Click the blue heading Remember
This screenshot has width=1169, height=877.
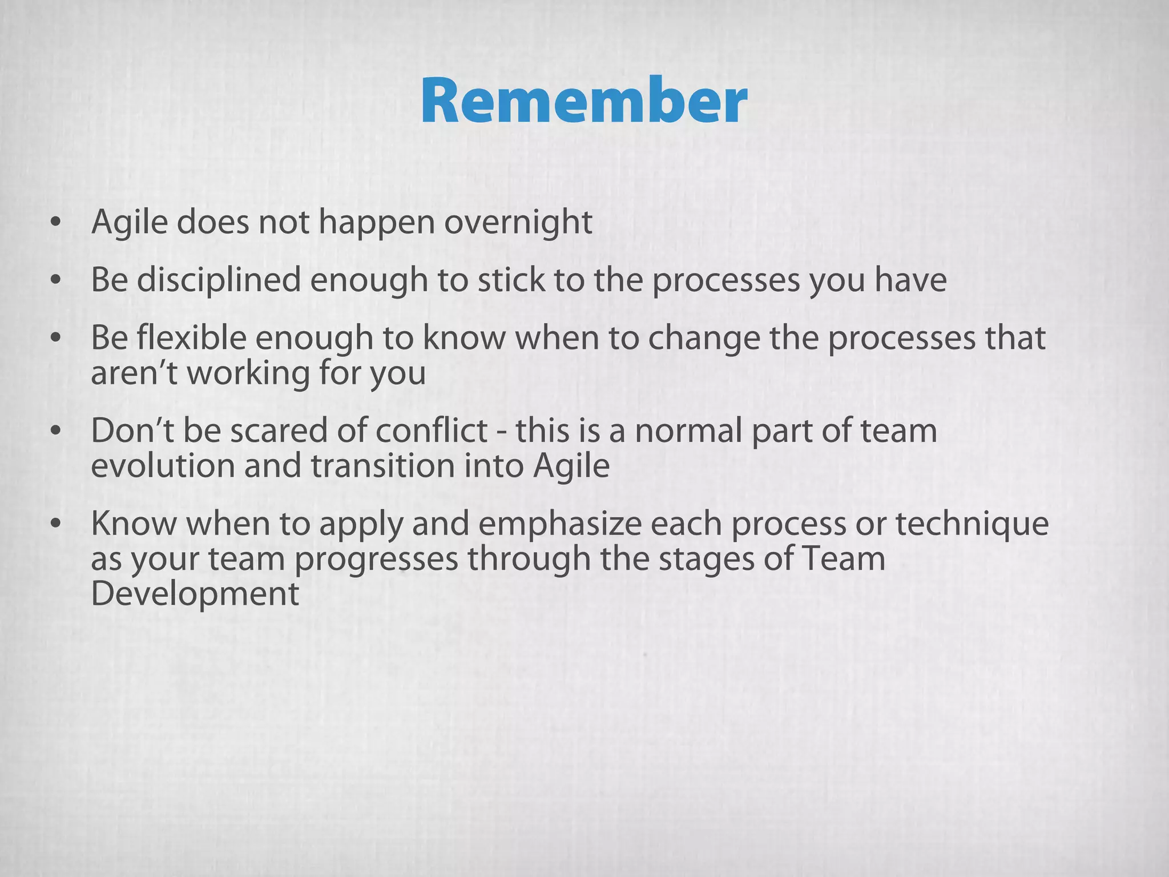pyautogui.click(x=584, y=102)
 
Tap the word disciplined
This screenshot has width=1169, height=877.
pyautogui.click(x=219, y=280)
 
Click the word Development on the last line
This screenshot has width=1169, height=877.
pyautogui.click(x=195, y=594)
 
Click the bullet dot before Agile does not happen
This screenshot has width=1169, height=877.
pyautogui.click(x=55, y=223)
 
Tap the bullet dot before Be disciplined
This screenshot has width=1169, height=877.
pyautogui.click(x=55, y=281)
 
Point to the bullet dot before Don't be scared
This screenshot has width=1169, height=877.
pyautogui.click(x=55, y=431)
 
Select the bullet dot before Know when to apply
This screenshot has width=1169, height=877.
pyautogui.click(x=55, y=524)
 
